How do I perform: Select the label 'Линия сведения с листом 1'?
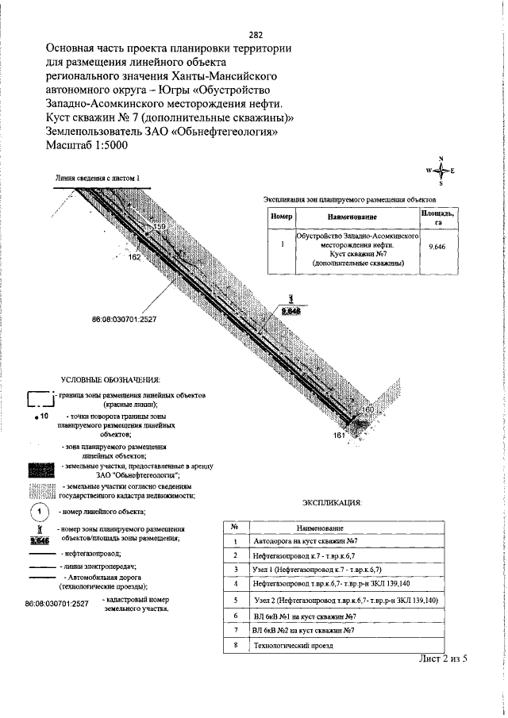pyautogui.click(x=98, y=179)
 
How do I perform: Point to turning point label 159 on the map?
pyautogui.click(x=160, y=228)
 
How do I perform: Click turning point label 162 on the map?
pyautogui.click(x=133, y=257)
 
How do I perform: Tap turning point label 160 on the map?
pyautogui.click(x=367, y=409)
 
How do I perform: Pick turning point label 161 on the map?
pyautogui.click(x=339, y=436)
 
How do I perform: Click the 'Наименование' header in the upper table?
pyautogui.click(x=352, y=217)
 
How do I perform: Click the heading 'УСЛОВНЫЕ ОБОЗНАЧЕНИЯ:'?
pyautogui.click(x=110, y=379)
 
